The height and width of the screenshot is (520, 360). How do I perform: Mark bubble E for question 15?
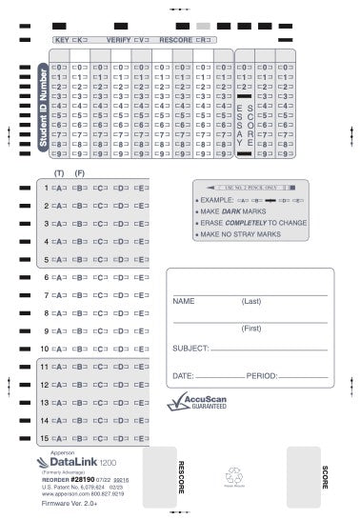(143, 437)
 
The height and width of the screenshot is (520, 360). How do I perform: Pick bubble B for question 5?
(81, 259)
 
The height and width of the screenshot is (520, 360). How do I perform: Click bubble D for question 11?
(122, 366)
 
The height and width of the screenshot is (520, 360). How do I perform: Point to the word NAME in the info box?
(184, 301)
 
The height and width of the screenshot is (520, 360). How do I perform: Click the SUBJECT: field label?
(190, 349)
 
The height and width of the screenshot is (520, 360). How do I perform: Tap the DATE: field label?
(183, 375)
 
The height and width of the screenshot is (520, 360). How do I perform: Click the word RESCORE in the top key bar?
(175, 42)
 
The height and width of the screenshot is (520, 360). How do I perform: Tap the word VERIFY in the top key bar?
(119, 42)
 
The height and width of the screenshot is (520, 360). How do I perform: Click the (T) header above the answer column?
(59, 172)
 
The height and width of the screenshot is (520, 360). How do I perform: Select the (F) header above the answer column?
(80, 172)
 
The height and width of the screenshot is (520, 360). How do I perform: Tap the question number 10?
(43, 348)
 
